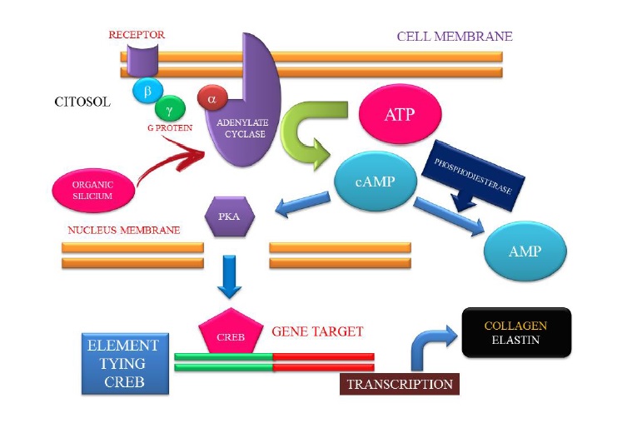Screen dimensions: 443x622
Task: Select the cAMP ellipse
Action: tap(375, 182)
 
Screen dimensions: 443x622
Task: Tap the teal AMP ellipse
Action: tap(525, 250)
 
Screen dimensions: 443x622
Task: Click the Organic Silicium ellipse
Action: tap(92, 191)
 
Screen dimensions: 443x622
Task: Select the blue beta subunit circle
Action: tap(147, 90)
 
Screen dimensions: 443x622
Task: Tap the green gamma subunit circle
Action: tap(170, 109)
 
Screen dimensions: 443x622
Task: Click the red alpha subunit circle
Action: tap(211, 98)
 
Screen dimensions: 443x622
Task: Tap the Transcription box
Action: tap(400, 384)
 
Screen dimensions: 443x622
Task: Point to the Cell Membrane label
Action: tap(454, 37)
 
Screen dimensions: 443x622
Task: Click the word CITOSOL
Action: tap(82, 102)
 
